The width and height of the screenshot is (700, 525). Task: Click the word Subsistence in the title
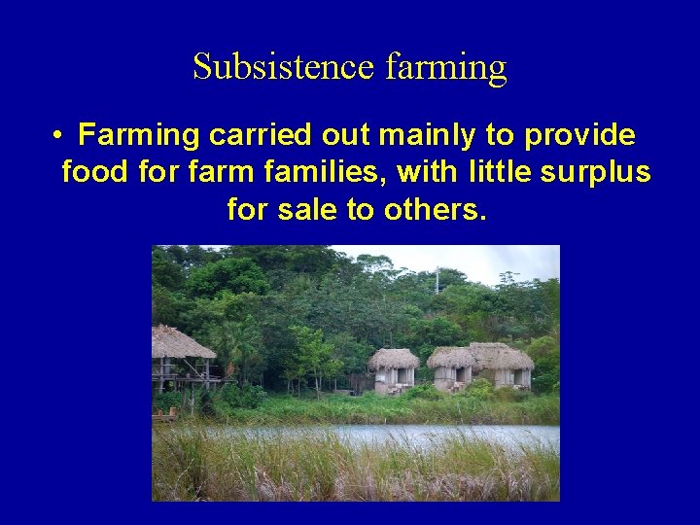[283, 67]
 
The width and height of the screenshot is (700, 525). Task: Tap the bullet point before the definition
[59, 135]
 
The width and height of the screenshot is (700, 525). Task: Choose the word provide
[579, 135]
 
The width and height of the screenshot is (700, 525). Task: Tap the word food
[95, 172]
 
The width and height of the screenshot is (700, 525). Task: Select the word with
[431, 172]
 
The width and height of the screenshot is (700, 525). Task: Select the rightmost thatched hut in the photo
[504, 365]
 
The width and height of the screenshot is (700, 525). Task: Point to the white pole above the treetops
[437, 280]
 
